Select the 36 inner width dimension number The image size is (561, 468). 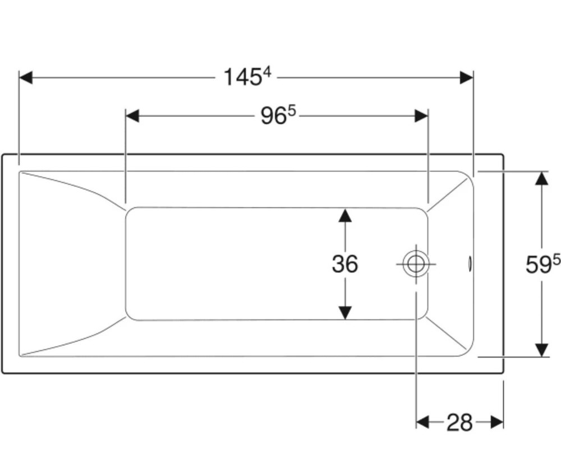pyautogui.click(x=345, y=264)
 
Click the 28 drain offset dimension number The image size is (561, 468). pyautogui.click(x=460, y=422)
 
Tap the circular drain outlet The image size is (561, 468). pyautogui.click(x=416, y=264)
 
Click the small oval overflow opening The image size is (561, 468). pyautogui.click(x=470, y=264)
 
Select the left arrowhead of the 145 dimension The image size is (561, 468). pyautogui.click(x=26, y=77)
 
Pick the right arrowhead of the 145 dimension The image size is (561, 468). pyautogui.click(x=467, y=77)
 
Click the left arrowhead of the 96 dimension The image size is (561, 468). pyautogui.click(x=132, y=116)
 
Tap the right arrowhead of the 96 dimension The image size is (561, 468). pyautogui.click(x=421, y=116)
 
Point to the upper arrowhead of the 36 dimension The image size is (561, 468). pyautogui.click(x=345, y=215)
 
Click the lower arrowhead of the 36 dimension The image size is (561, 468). pyautogui.click(x=345, y=313)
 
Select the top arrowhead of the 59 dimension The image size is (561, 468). pyautogui.click(x=542, y=178)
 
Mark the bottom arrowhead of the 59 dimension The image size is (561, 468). pyautogui.click(x=542, y=350)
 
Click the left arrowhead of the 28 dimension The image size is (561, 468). pyautogui.click(x=423, y=422)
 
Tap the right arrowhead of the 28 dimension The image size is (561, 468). pyautogui.click(x=497, y=422)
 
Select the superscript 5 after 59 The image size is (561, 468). pyautogui.click(x=557, y=260)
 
